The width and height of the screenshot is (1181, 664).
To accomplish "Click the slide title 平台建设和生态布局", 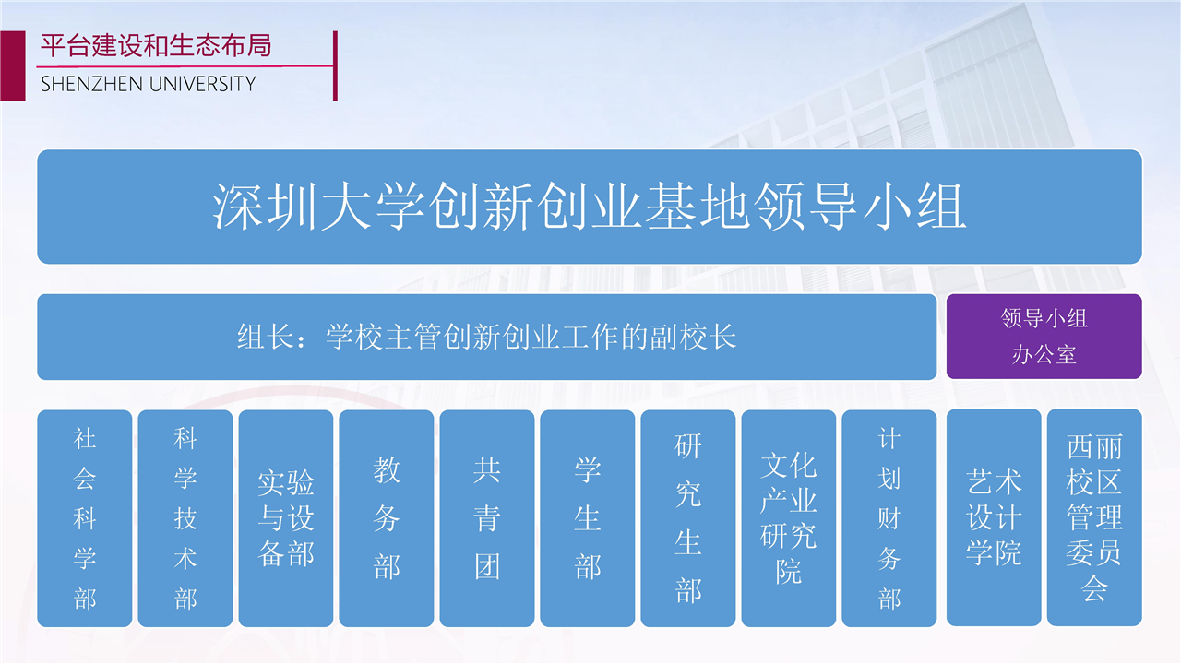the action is (156, 45).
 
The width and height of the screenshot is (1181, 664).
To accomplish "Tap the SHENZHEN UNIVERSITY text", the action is (149, 84).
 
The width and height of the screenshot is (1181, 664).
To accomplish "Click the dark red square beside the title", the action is (13, 65).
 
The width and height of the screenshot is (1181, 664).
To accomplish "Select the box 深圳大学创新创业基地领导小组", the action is (590, 207).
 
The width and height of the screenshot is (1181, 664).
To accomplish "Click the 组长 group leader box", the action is (486, 337).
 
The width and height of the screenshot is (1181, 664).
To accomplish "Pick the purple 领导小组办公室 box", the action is (1044, 337).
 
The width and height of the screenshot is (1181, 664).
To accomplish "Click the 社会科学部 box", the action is (84, 518).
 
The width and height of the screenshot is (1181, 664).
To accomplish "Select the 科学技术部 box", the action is (185, 518).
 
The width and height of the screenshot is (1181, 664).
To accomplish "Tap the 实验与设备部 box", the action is (286, 518).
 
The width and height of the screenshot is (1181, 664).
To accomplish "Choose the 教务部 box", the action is (387, 518).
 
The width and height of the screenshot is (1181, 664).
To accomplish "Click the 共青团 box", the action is (487, 518).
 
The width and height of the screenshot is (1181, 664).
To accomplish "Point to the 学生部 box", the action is (588, 518).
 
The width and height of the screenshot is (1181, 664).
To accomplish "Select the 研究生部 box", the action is (688, 518).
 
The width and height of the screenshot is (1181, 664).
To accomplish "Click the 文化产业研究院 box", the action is (789, 518).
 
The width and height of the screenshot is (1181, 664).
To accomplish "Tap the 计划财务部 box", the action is (889, 518).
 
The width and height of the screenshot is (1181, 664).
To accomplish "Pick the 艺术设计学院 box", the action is (994, 517).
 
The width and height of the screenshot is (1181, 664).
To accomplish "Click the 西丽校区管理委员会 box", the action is (1094, 517).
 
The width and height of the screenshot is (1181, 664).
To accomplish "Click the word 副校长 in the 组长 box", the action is (693, 337).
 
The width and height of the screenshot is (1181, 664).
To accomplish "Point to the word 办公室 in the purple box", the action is (1044, 354).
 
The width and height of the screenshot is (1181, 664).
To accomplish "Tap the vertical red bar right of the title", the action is (335, 65).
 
